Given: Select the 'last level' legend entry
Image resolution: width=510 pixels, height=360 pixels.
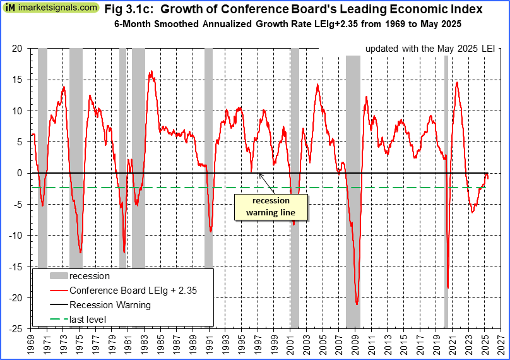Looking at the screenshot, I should [88, 320].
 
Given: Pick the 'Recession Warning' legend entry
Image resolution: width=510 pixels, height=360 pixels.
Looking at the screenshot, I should [110, 305].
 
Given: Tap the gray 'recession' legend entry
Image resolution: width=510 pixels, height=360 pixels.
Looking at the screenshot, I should [89, 276].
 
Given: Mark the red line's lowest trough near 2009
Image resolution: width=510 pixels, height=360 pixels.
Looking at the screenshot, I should [357, 304].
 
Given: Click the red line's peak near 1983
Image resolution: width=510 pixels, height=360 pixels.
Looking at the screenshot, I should [151, 72].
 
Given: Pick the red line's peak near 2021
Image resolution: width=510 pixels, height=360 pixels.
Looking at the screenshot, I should [456, 82].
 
